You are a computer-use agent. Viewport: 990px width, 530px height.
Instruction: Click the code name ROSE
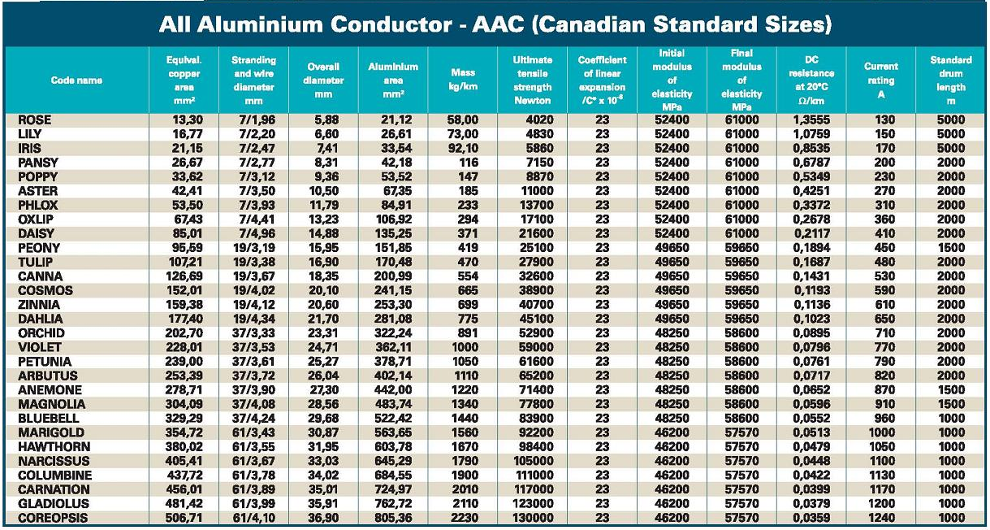coord(34,120)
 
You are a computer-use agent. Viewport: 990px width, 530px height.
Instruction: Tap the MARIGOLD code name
coord(50,432)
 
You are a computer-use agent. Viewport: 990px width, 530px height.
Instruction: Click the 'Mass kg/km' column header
coord(462,80)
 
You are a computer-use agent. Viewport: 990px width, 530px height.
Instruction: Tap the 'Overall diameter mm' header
coord(323,80)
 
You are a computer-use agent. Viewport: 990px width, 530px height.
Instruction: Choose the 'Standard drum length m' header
coord(950,80)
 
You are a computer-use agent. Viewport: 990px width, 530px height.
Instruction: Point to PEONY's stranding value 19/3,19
coord(253,248)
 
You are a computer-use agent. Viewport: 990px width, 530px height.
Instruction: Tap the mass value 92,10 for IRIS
coord(462,149)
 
